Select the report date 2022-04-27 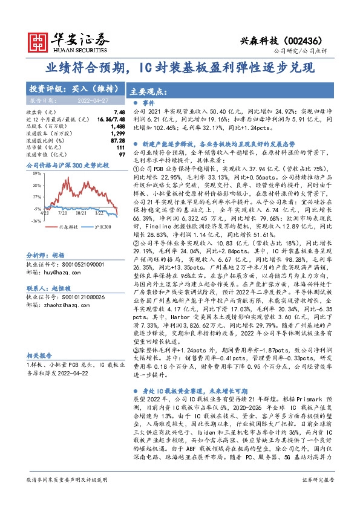point(89,99)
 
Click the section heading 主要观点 point(148,92)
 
